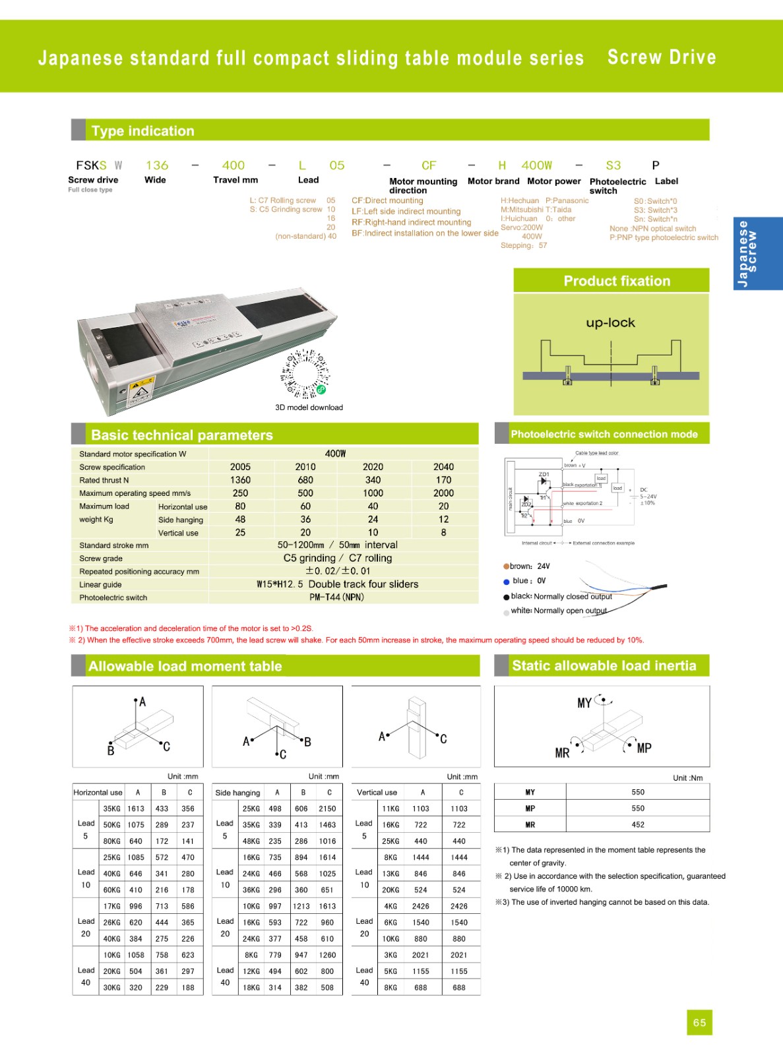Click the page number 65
699,1023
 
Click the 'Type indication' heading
142,131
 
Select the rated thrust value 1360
240,480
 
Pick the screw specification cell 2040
443,467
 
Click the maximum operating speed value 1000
373,493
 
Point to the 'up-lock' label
610,322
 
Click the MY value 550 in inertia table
637,792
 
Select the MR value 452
637,824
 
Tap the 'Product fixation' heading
616,281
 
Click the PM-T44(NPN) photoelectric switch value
336,597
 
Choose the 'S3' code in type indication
613,166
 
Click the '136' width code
157,166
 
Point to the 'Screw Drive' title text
661,57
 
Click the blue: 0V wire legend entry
526,581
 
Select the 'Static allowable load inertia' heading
604,666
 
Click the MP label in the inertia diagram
644,748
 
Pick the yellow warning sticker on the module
141,390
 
